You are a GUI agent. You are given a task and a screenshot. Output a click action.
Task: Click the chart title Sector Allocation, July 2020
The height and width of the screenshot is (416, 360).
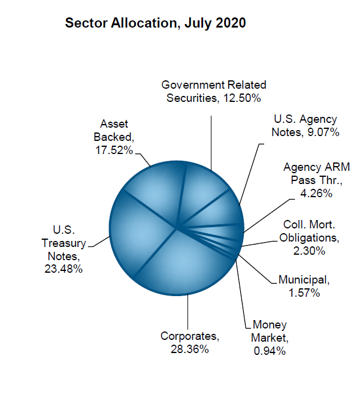(155, 23)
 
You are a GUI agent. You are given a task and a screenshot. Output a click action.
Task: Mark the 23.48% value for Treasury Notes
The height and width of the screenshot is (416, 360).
(62, 269)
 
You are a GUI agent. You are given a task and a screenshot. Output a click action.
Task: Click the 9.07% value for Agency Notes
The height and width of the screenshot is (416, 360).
(323, 132)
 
